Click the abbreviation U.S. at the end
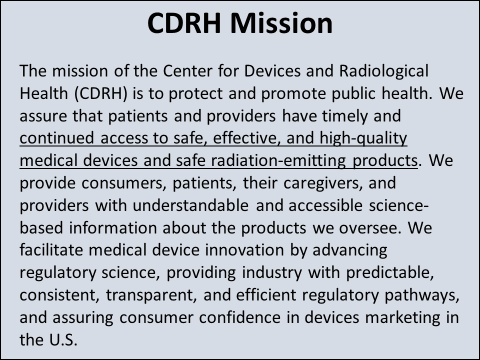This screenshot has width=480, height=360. point(63,340)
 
